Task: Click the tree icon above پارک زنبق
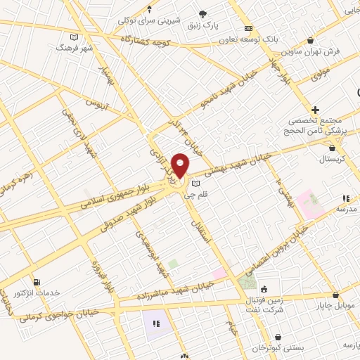[203, 13]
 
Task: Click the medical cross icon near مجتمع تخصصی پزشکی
[316, 110]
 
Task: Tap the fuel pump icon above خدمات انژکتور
[37, 281]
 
